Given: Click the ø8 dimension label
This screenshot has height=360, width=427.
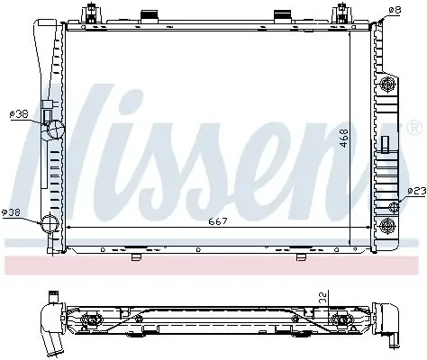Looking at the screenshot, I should pyautogui.click(x=394, y=10).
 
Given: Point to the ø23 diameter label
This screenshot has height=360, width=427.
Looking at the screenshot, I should pyautogui.click(x=415, y=191).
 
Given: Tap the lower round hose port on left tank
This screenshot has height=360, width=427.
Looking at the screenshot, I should pyautogui.click(x=50, y=224).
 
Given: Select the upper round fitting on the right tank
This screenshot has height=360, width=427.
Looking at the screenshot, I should pyautogui.click(x=389, y=85).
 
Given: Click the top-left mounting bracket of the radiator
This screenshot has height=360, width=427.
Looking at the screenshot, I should pyautogui.click(x=88, y=15).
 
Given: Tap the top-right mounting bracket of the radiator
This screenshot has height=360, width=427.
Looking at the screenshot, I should pyautogui.click(x=342, y=15).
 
